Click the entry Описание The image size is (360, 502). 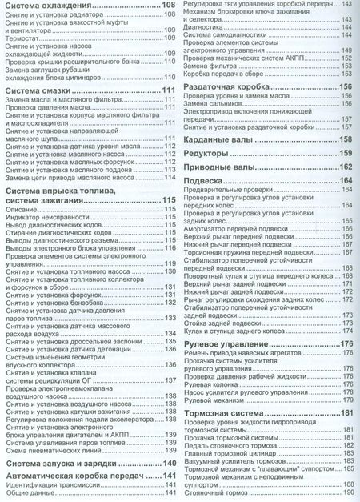pyautogui.click(x=19, y=209)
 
